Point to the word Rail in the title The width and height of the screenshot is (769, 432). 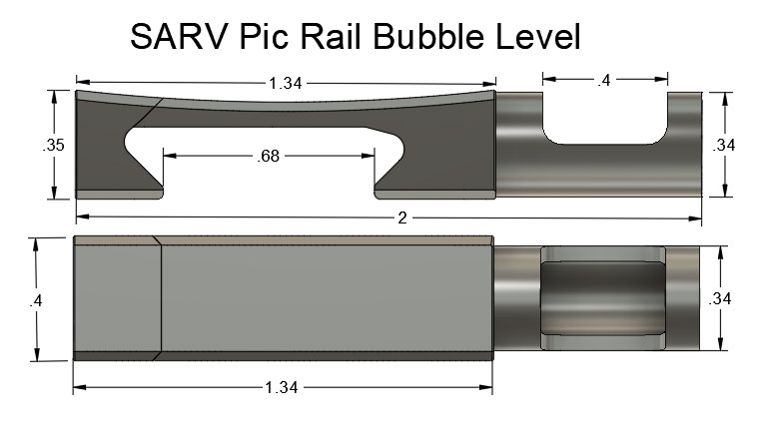click(x=337, y=37)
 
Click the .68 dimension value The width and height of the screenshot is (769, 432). click(x=268, y=156)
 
